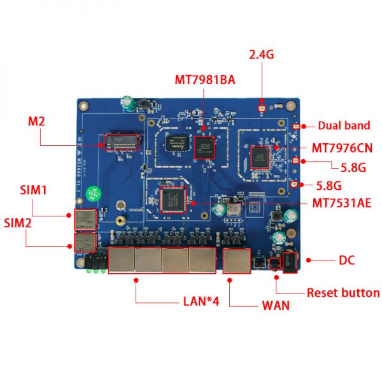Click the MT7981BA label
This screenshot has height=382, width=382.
pos(205,80)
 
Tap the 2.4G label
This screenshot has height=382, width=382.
pos(261,55)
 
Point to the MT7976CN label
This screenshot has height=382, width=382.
pos(342,148)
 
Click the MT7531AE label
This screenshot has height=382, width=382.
pos(342,203)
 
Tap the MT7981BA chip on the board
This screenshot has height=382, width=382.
pos(205,147)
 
